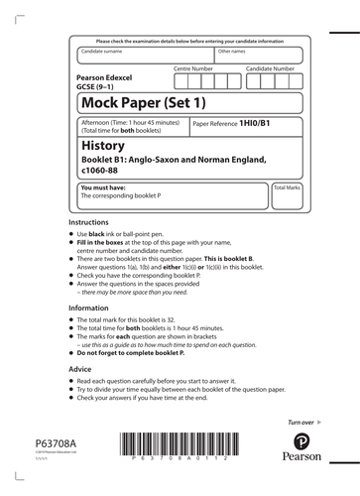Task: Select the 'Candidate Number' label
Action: pos(270,68)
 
